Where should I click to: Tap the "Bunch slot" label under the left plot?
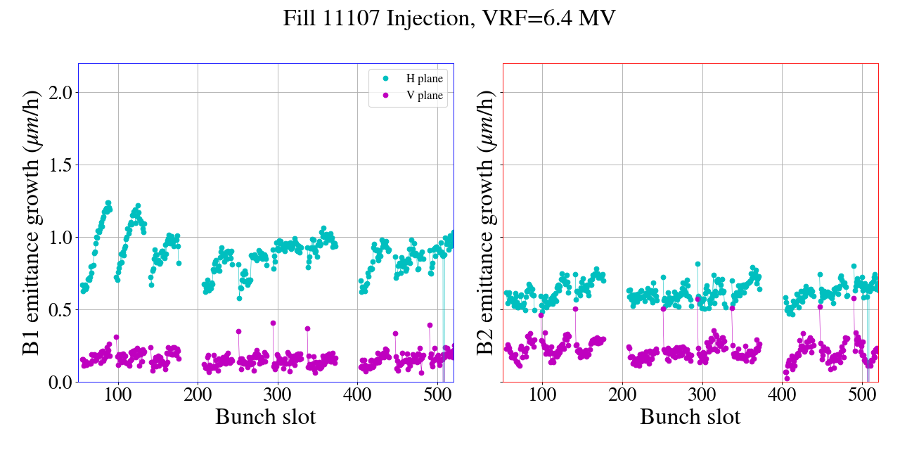pos(266,417)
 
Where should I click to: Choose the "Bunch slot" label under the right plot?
pos(690,417)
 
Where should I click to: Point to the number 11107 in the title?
pos(354,18)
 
